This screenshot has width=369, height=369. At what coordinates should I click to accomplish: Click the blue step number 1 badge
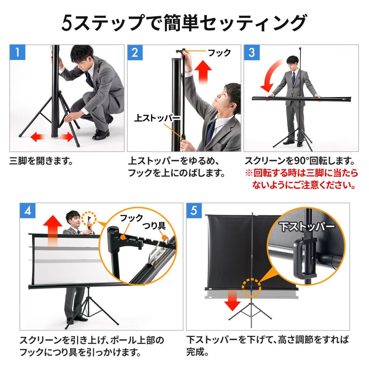[x=18, y=52]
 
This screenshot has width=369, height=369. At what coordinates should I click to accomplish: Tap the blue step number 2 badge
[x=135, y=53]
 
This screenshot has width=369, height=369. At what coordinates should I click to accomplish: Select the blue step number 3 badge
[x=252, y=53]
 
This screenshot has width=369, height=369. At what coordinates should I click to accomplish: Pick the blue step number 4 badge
[x=28, y=211]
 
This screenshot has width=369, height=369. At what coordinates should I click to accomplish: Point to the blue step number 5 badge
[x=194, y=211]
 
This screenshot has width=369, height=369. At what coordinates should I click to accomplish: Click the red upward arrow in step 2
[x=203, y=72]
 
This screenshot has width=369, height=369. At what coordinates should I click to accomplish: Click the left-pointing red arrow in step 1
[x=38, y=137]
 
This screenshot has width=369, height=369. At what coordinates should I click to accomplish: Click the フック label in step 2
[x=220, y=53]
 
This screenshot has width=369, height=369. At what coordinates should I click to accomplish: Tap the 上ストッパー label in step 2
[x=157, y=118]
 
